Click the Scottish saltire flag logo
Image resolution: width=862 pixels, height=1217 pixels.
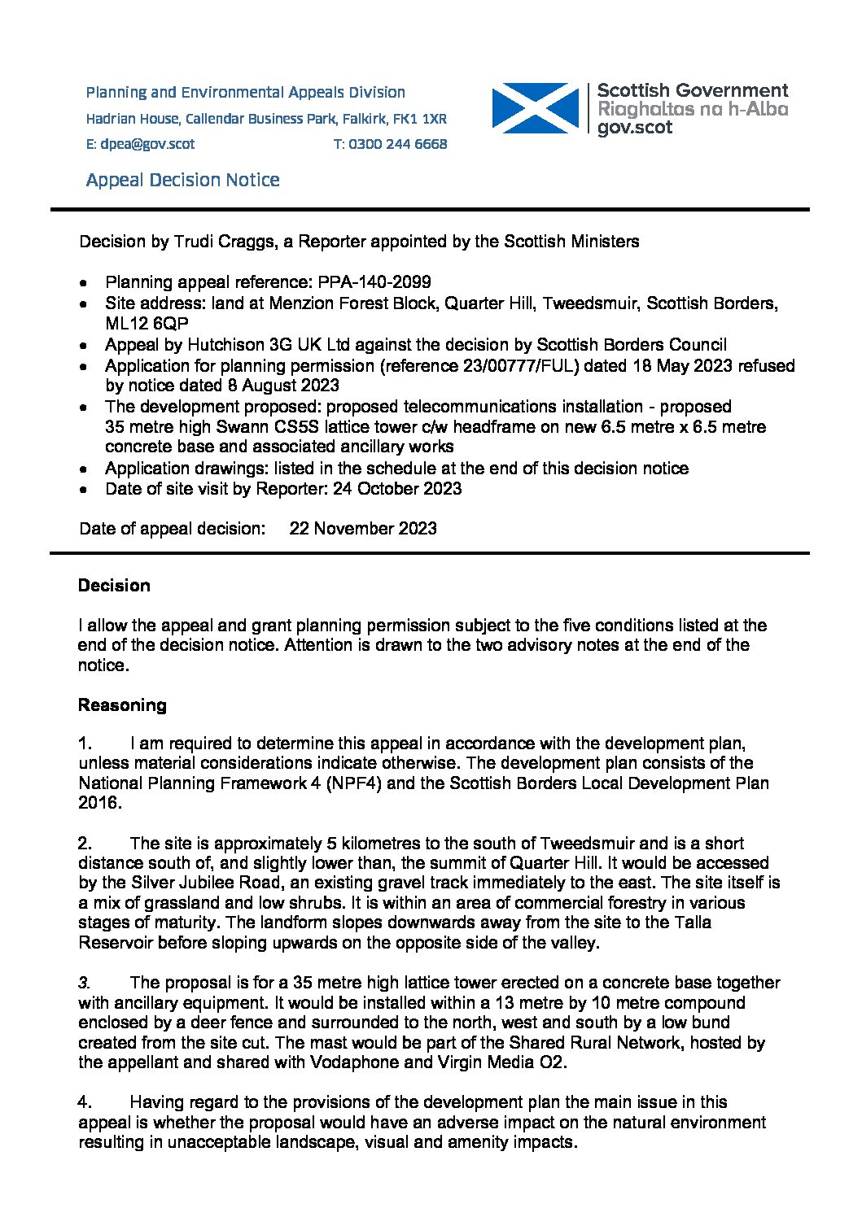[534, 108]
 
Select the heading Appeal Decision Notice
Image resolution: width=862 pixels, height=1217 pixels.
[182, 180]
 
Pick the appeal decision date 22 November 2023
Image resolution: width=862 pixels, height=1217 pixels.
[363, 529]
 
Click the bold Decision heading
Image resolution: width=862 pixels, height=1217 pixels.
[114, 586]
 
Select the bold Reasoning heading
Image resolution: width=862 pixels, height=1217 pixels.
[122, 705]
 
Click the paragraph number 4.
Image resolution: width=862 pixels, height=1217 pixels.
[85, 1102]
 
